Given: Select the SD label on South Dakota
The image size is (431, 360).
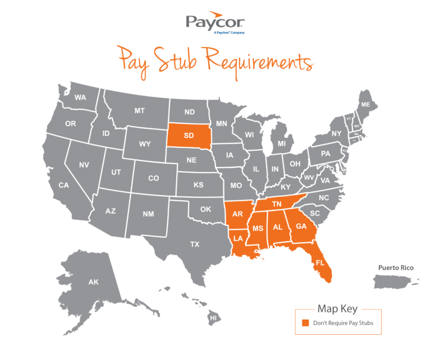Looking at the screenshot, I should click(x=189, y=135).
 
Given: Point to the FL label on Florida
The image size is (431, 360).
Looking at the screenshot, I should click(x=320, y=262).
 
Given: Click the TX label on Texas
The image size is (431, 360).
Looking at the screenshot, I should click(x=195, y=244).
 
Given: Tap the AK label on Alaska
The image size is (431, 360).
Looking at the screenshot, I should click(x=93, y=282).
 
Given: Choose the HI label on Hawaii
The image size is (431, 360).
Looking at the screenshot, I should click(x=213, y=318).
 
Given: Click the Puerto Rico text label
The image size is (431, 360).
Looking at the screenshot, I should click(x=396, y=267).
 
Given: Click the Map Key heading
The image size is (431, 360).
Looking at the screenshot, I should click(x=337, y=309).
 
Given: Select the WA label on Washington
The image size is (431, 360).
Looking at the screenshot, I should click(x=80, y=98).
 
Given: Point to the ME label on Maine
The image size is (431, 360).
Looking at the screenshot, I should click(x=365, y=105).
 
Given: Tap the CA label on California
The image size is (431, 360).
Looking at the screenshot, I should click(x=63, y=185).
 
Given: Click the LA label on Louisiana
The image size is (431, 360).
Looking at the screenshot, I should click(x=238, y=238).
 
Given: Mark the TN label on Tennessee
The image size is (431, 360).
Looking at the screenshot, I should click(x=277, y=204).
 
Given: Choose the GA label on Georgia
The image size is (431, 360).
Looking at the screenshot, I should click(x=301, y=226).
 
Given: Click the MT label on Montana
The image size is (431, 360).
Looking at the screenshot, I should click(x=139, y=111).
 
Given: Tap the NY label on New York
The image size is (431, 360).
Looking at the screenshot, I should click(x=336, y=133).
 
